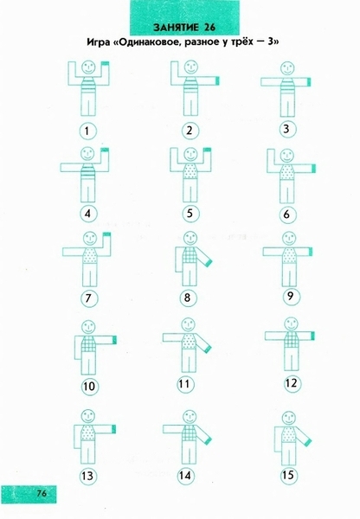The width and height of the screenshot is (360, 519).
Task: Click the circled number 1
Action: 87,131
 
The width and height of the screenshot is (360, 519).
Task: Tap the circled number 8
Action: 188,298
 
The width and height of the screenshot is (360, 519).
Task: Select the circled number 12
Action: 291,383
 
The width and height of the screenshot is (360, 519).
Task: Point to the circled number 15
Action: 288,475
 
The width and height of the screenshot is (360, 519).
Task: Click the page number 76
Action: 42,494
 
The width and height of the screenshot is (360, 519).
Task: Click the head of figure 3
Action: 287,68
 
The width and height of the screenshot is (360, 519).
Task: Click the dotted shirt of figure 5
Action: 190,170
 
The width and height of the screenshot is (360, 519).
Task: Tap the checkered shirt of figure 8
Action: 190,255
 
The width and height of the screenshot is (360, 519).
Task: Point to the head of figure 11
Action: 189,325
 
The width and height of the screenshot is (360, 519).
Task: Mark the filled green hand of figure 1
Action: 106,63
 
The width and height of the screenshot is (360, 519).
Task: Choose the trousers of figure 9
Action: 289,275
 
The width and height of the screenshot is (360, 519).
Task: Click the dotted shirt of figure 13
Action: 87,432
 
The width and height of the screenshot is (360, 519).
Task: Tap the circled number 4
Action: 87,214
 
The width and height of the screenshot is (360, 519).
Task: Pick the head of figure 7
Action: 89,239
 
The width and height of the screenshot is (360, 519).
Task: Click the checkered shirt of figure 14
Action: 190,432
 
